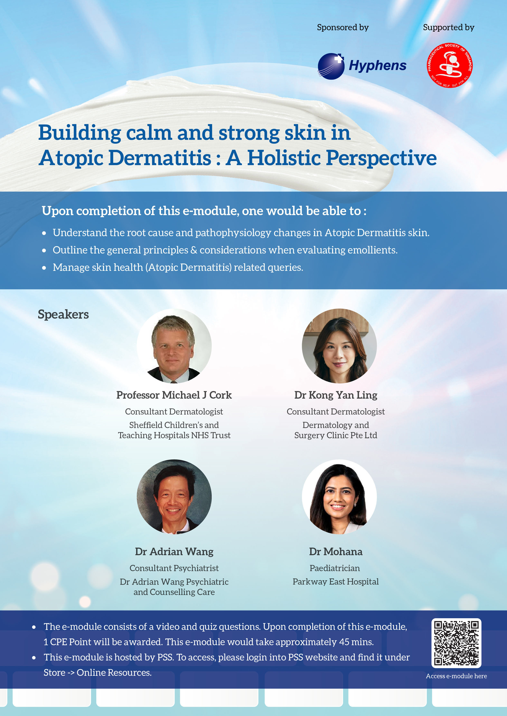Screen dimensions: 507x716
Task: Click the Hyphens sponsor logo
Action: tap(362, 66)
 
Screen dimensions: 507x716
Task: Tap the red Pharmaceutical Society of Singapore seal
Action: tap(450, 65)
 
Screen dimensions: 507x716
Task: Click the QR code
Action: tap(456, 643)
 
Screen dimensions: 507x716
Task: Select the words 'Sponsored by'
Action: tap(343, 27)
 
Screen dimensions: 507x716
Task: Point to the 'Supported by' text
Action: tap(449, 27)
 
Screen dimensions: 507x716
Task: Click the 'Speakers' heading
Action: tap(63, 314)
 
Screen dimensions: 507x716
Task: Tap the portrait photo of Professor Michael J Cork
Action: tap(174, 346)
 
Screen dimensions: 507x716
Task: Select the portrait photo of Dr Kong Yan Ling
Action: tap(339, 346)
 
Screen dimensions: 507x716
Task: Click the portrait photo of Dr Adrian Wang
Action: tap(174, 497)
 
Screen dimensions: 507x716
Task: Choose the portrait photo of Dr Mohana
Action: tap(339, 497)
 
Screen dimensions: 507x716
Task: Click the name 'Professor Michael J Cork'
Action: tap(174, 395)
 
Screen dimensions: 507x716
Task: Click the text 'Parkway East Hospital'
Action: tap(336, 581)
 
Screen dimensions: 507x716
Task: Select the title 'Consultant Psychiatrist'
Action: tap(174, 568)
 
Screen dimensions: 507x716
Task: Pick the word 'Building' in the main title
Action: tap(80, 133)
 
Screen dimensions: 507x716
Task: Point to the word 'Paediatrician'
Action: tap(335, 568)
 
